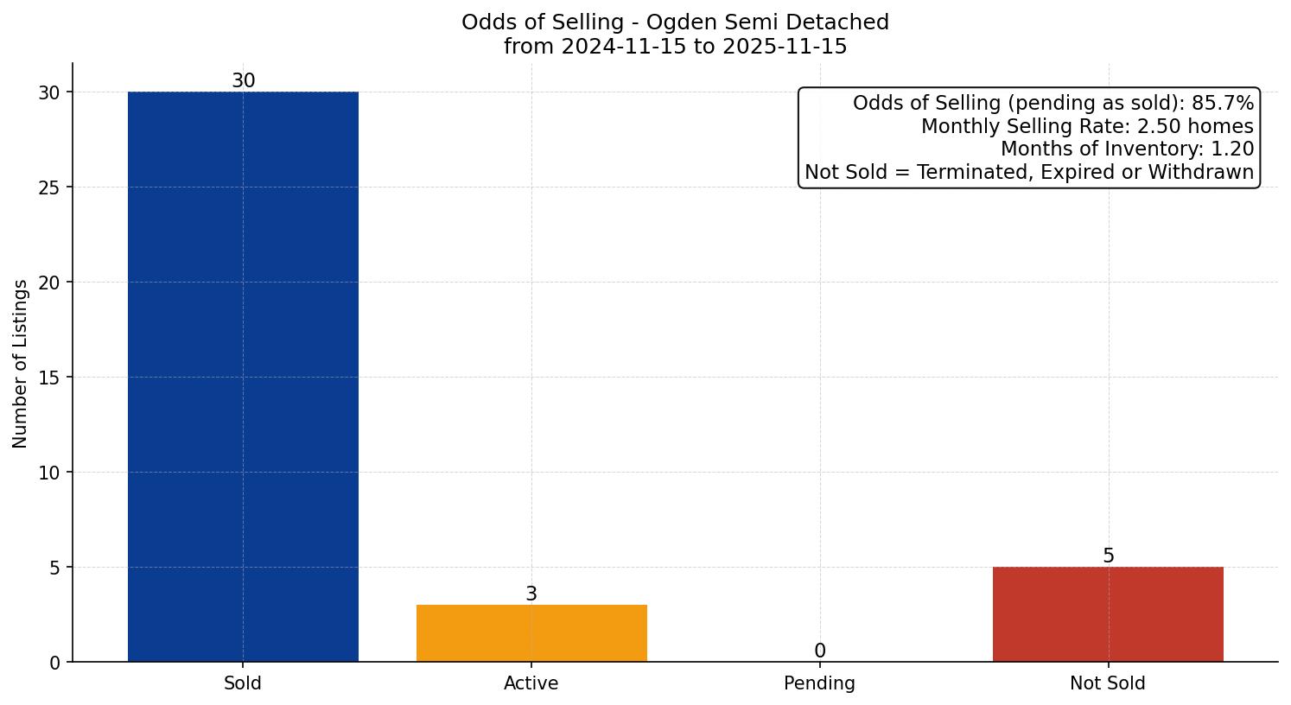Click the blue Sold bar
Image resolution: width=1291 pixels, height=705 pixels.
243,377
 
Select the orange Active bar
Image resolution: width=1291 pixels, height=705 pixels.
531,633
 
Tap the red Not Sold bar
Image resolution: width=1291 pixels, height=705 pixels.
1108,614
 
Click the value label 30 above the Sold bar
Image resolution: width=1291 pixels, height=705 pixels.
243,80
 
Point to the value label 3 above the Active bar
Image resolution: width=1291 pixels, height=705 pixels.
531,594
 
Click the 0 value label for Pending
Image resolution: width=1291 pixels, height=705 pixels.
819,651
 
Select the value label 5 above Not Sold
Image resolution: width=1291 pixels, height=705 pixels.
1108,556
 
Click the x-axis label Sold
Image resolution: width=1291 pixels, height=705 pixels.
243,683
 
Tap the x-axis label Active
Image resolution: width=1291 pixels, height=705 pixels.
531,683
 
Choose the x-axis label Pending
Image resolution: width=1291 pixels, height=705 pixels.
819,683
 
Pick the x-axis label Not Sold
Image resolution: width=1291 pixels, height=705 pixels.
1108,683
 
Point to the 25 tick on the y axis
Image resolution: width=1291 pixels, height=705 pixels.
49,187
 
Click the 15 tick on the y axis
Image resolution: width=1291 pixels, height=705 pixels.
49,378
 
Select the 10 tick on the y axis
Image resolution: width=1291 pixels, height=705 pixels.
49,473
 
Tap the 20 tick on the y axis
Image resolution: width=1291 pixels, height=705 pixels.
49,283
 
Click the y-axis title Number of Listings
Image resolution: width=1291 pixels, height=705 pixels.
21,363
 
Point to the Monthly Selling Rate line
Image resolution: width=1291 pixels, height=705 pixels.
1086,126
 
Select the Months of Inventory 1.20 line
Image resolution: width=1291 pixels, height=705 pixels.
1127,149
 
